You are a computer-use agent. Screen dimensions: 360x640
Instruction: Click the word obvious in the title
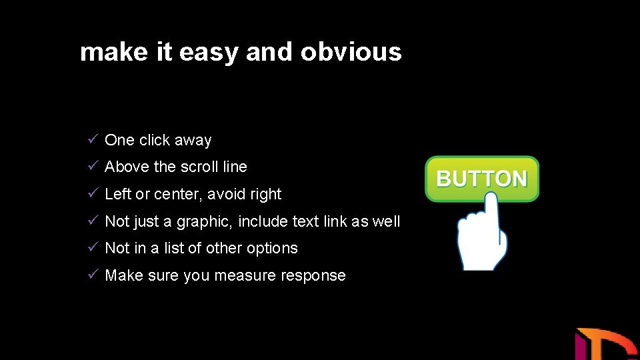(x=351, y=52)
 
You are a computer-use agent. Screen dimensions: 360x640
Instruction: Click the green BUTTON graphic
(x=481, y=179)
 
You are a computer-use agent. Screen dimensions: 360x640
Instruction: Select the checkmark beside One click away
(x=93, y=139)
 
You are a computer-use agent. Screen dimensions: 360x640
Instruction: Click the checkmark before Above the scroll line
(x=93, y=166)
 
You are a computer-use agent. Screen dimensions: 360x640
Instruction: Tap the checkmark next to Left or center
(x=93, y=193)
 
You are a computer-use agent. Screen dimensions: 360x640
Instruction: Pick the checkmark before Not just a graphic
(x=93, y=221)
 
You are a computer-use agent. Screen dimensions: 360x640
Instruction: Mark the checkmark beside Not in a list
(x=93, y=247)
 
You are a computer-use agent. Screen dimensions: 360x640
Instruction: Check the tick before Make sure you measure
(x=93, y=275)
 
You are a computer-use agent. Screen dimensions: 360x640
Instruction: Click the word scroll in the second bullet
(x=199, y=167)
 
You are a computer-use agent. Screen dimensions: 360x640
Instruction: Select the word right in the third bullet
(x=266, y=195)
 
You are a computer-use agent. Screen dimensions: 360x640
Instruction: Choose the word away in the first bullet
(x=193, y=141)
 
